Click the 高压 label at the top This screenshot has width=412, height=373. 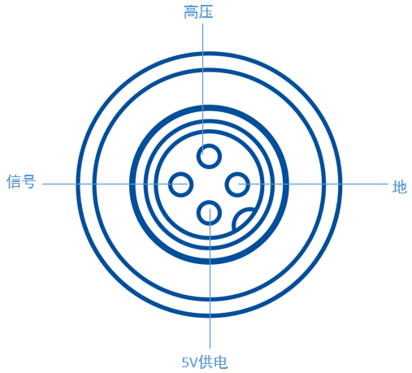coord(198,12)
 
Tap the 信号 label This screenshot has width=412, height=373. coord(21,181)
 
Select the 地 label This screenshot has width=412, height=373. coord(400,187)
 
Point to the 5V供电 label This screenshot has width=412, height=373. coord(205,362)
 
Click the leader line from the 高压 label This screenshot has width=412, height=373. coord(203,89)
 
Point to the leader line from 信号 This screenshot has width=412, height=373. coord(115,184)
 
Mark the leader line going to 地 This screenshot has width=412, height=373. coord(313,184)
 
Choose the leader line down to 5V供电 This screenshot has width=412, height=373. coord(210,279)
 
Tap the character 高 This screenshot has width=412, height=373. coord(191,12)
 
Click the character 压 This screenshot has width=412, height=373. coord(206,12)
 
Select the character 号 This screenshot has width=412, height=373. coord(28,181)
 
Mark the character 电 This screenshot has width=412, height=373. coord(220,362)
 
